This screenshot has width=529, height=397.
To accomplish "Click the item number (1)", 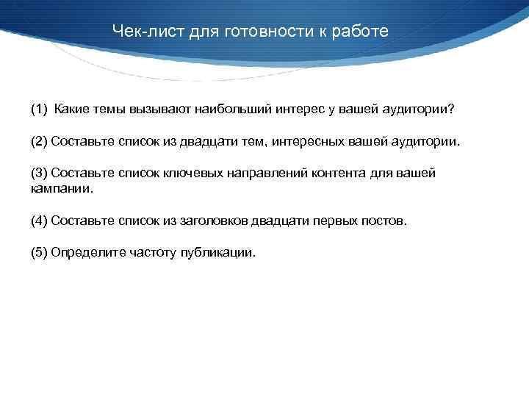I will [x=38, y=110].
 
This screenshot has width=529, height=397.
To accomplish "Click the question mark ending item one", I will [x=452, y=110].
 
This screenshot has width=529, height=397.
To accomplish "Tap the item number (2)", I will [x=38, y=141].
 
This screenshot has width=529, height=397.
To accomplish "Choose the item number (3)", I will [x=38, y=173].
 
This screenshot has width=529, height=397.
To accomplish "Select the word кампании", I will [x=62, y=188].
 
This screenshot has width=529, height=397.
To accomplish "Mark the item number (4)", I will [x=38, y=221].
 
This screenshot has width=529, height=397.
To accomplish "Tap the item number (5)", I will [x=38, y=252].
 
